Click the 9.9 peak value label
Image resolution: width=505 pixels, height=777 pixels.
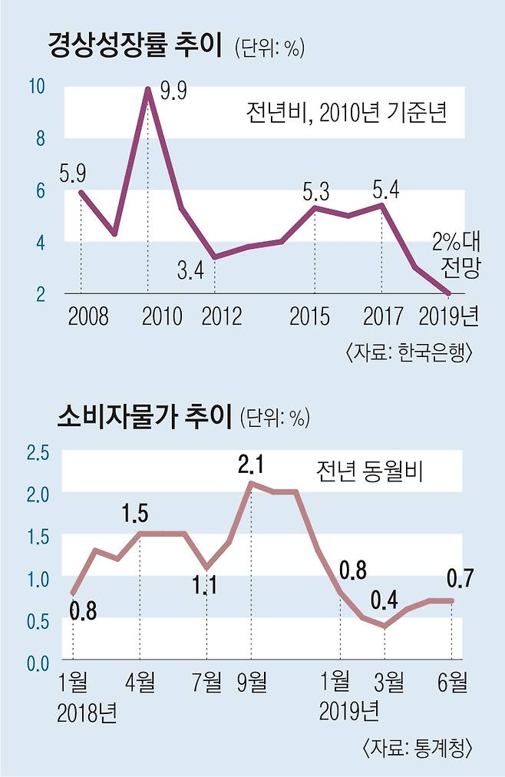coord(174,91)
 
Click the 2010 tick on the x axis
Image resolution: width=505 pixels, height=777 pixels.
coord(163,316)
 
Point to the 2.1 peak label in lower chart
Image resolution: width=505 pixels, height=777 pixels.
coord(252,464)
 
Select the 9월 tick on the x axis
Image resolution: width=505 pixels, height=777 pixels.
coord(251,680)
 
